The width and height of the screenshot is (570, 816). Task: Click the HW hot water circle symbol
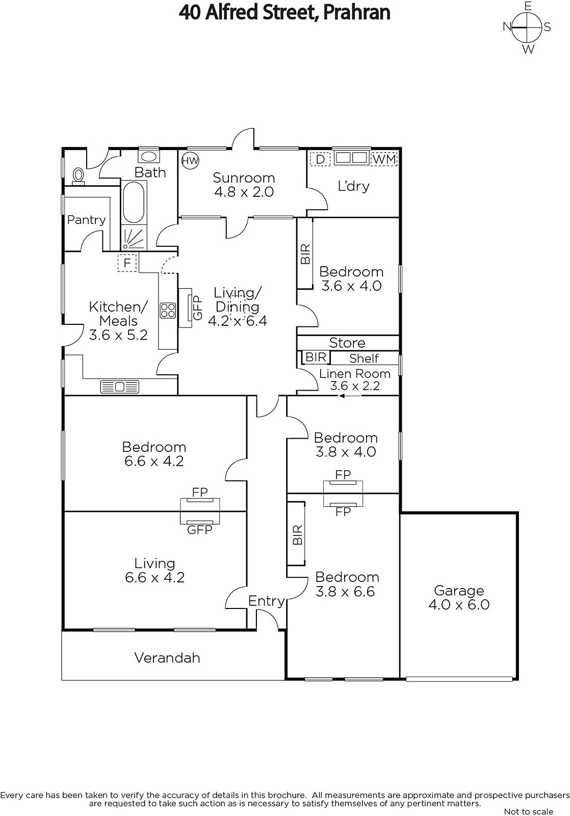point(190,161)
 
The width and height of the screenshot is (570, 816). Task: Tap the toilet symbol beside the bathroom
point(78,176)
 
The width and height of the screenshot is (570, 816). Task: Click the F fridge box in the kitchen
point(127,263)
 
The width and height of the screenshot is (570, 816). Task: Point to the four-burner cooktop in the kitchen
point(168,311)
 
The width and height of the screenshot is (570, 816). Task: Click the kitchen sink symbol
point(120,387)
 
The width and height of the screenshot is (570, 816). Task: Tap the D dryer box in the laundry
point(320,159)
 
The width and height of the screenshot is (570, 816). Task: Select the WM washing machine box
point(384,159)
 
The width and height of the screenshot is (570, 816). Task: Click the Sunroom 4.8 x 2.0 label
point(244,185)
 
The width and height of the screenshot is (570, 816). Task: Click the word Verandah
point(167,657)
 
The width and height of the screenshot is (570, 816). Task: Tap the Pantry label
point(86,220)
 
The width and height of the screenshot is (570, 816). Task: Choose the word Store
point(347,343)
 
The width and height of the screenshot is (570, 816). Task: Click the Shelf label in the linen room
point(364,359)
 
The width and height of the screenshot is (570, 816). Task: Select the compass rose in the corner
point(527,28)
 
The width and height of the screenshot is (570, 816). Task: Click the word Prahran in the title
point(356,13)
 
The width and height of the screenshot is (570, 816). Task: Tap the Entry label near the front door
point(266,601)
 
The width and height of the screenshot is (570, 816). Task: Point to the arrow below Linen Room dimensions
point(350,396)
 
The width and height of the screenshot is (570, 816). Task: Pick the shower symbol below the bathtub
point(134,237)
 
